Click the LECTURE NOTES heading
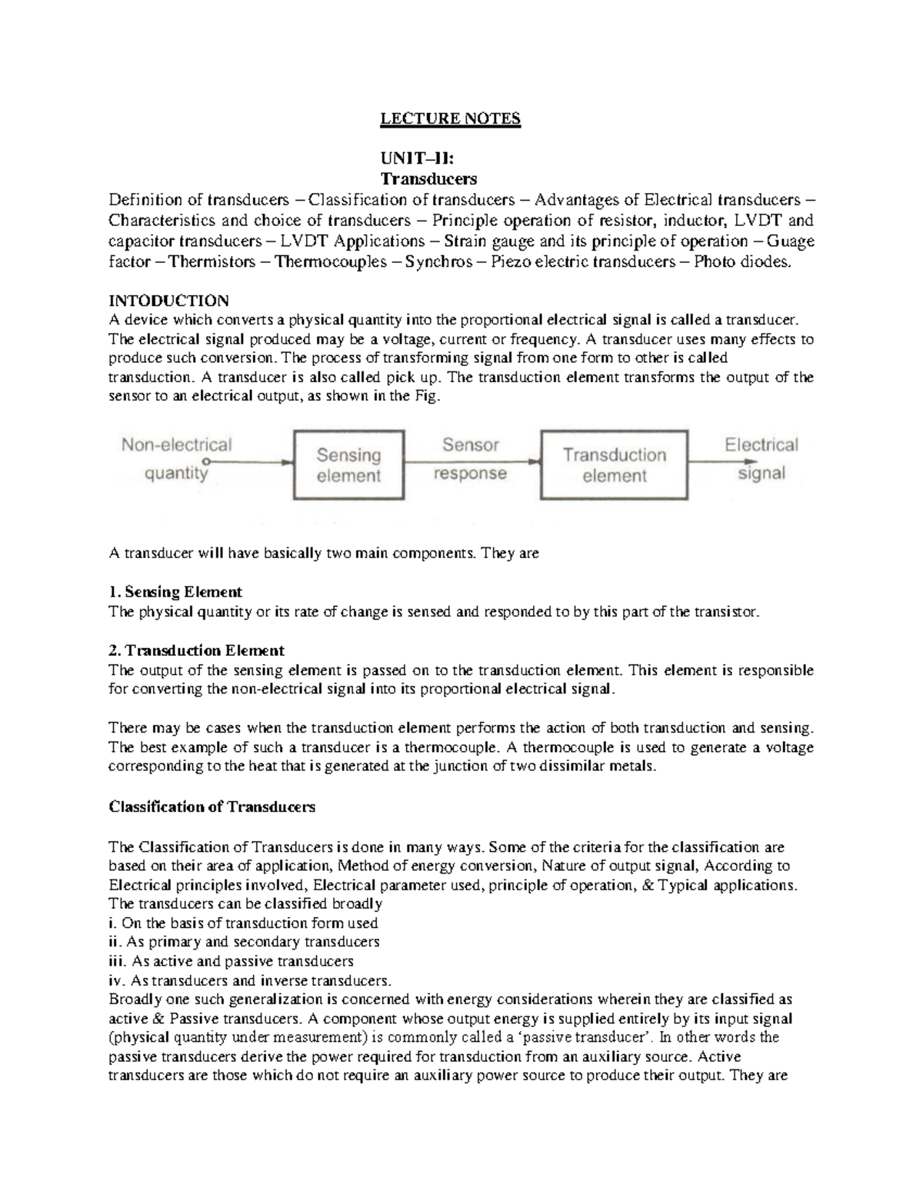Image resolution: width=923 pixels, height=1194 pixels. (451, 119)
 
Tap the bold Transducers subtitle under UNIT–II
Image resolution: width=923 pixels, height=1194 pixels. (428, 179)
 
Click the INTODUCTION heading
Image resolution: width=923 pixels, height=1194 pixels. (168, 301)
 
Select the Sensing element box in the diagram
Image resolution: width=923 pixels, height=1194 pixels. (348, 465)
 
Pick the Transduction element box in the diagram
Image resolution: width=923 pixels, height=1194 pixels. (614, 465)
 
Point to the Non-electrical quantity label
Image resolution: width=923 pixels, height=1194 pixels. (176, 459)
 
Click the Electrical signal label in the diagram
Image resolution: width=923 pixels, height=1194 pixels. (761, 459)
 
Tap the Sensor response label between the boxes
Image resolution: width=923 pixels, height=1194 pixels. (470, 459)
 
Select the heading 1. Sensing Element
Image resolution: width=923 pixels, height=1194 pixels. (175, 592)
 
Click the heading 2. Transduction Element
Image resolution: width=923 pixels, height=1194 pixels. (196, 650)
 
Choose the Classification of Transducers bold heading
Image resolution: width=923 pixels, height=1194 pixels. (212, 807)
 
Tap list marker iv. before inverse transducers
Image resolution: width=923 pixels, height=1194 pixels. (117, 981)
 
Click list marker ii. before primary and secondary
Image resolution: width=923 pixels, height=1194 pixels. (115, 942)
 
